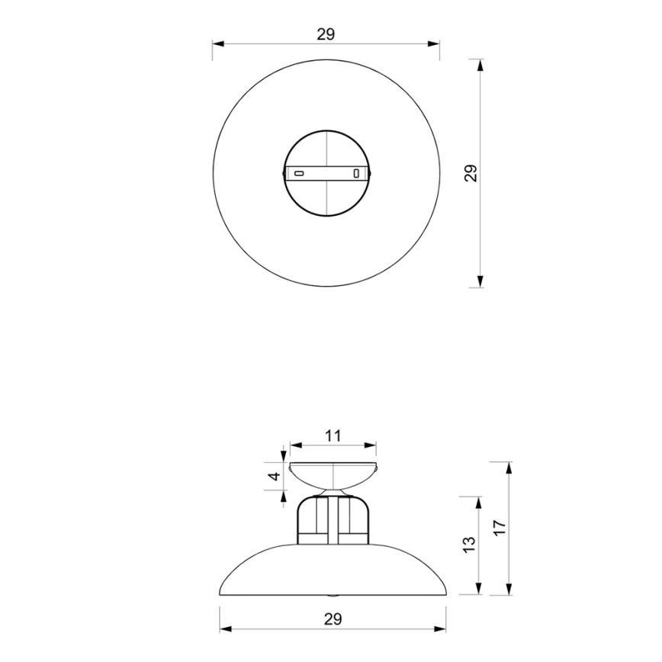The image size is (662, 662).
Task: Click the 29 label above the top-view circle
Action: (x=326, y=34)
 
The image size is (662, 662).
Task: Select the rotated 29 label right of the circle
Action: (x=471, y=174)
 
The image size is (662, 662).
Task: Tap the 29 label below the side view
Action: (x=332, y=619)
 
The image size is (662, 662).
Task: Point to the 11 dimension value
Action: (x=333, y=436)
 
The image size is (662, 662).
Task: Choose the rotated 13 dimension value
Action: (x=469, y=545)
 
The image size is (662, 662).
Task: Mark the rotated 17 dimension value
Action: (x=500, y=528)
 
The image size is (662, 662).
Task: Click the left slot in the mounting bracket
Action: (x=300, y=173)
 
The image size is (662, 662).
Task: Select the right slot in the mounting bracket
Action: (x=356, y=173)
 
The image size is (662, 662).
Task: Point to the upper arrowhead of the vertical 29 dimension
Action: (x=480, y=65)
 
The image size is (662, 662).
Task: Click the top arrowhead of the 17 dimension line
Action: (x=509, y=467)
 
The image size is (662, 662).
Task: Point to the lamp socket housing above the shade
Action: (x=333, y=520)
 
